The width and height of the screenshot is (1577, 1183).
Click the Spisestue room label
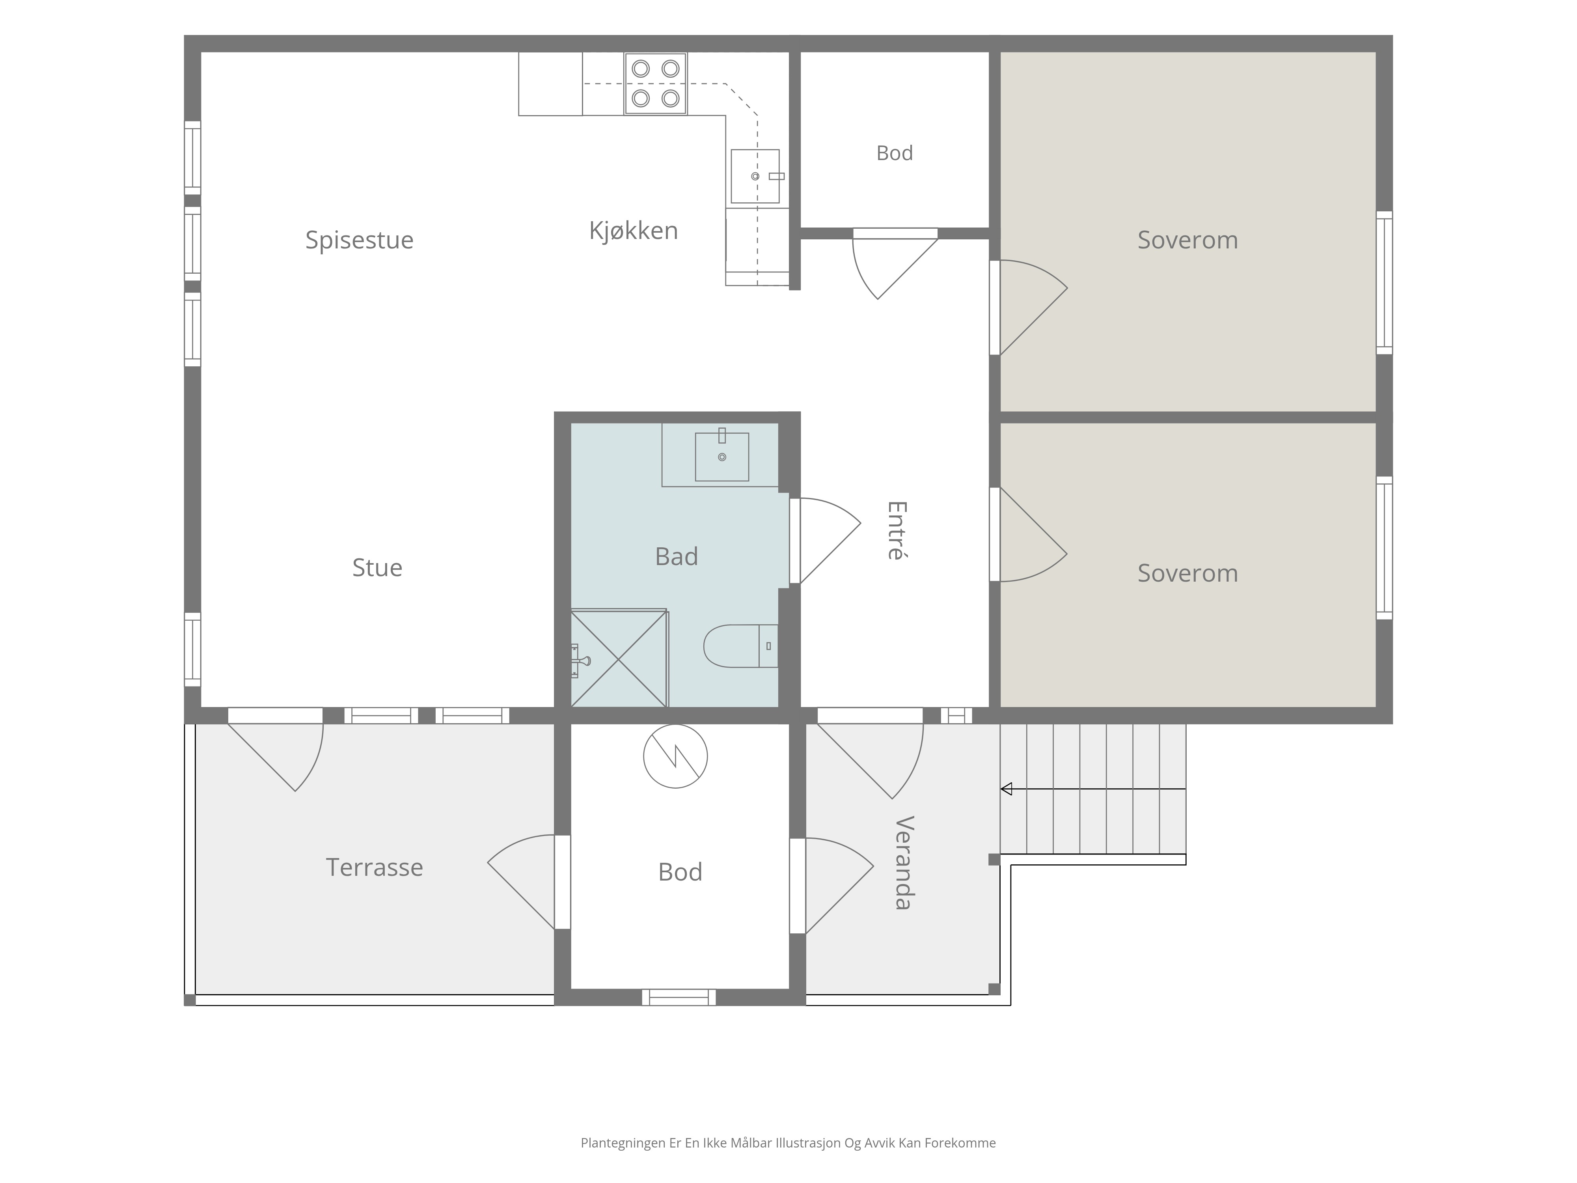(359, 240)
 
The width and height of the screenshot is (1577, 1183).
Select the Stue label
(377, 567)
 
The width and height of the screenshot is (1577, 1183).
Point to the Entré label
(896, 530)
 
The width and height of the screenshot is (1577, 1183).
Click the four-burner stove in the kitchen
(655, 84)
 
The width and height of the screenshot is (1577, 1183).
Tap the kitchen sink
(756, 176)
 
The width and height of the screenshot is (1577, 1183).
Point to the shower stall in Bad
(619, 657)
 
